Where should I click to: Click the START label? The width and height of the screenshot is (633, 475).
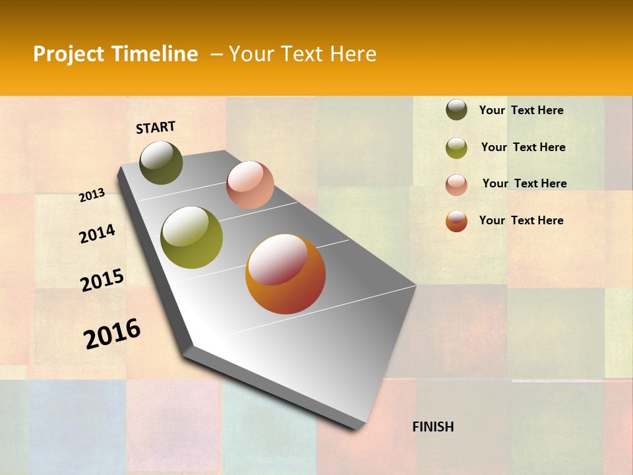(x=156, y=127)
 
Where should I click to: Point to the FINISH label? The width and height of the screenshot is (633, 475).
(x=433, y=427)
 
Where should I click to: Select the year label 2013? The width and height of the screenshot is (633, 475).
(x=92, y=195)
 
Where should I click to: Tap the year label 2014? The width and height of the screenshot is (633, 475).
(x=97, y=234)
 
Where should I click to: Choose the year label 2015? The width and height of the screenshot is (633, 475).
(x=102, y=280)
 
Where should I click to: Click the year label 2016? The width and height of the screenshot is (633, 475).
(x=112, y=334)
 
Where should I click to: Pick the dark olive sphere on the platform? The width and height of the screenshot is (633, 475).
(x=161, y=162)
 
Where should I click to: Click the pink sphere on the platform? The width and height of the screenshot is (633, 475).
(x=250, y=185)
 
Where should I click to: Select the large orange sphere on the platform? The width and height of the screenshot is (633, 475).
(x=286, y=274)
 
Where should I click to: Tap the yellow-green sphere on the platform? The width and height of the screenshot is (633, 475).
(x=192, y=237)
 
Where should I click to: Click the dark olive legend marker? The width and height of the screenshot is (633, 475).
(x=456, y=110)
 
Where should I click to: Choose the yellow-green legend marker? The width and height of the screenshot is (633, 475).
(x=456, y=148)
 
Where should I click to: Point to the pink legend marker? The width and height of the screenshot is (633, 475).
(x=456, y=185)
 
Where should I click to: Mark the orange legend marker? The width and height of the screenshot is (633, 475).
(x=456, y=222)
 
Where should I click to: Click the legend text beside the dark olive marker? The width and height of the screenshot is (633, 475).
(x=521, y=110)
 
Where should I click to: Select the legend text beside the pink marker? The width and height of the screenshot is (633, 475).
(x=524, y=183)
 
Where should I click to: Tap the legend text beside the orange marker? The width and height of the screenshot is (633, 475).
(x=521, y=220)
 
